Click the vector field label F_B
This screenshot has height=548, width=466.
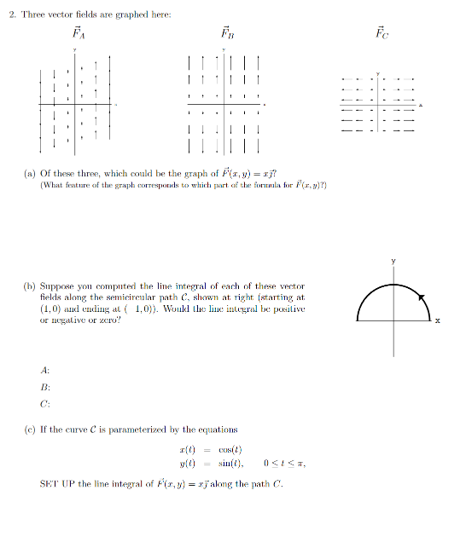pyautogui.click(x=227, y=34)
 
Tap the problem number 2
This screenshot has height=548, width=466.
pyautogui.click(x=11, y=14)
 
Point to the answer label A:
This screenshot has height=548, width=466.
pyautogui.click(x=44, y=370)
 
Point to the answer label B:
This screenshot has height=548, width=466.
pyautogui.click(x=44, y=385)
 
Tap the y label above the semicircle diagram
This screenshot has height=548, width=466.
pyautogui.click(x=393, y=261)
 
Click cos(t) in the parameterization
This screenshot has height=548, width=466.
pyautogui.click(x=228, y=449)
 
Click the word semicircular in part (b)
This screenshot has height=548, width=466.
pyautogui.click(x=166, y=297)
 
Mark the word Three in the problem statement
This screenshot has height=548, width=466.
pyautogui.click(x=32, y=14)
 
